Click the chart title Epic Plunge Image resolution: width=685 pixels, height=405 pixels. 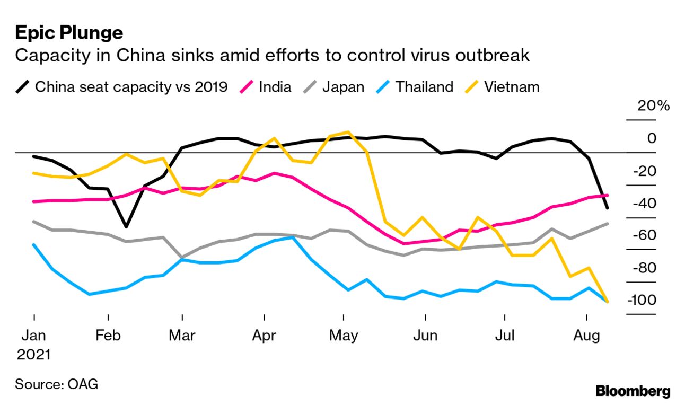(x=69, y=33)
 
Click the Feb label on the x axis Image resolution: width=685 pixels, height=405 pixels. (x=108, y=336)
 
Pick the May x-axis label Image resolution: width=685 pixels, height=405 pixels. (x=344, y=336)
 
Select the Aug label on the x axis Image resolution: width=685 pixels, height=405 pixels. (x=587, y=336)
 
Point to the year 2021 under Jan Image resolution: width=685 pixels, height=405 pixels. (x=34, y=354)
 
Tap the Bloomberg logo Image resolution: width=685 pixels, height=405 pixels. (x=633, y=391)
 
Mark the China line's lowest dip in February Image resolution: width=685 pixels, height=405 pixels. (x=126, y=227)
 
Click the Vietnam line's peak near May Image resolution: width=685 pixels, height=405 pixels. (x=348, y=132)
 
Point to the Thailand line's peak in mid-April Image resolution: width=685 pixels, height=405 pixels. (x=293, y=237)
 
